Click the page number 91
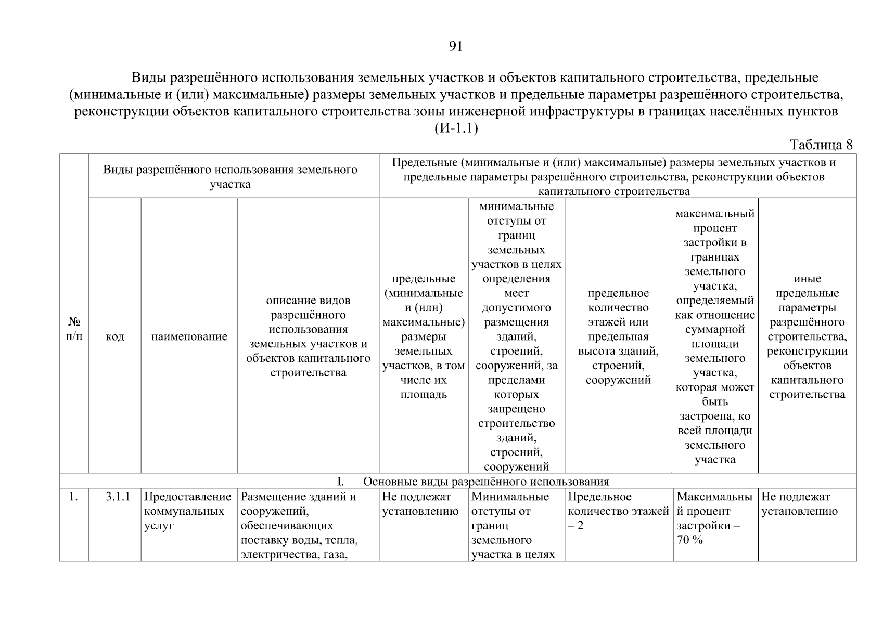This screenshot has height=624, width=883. (x=455, y=47)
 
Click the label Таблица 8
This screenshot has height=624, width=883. (x=821, y=145)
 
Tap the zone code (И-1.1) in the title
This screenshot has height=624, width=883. (x=456, y=128)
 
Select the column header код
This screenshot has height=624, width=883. (x=114, y=336)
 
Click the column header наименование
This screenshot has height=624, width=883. (x=189, y=336)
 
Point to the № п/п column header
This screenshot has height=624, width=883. (x=74, y=329)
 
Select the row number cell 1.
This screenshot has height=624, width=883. (x=73, y=497)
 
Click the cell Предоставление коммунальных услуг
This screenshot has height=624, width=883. (x=187, y=511)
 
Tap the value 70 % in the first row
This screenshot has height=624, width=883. (x=689, y=540)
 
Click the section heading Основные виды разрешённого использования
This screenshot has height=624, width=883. (x=485, y=481)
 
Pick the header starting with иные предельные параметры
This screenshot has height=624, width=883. (x=807, y=336)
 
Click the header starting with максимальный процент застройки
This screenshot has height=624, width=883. (x=715, y=336)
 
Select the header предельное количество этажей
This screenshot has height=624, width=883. (x=618, y=336)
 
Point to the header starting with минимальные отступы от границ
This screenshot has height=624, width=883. (x=516, y=336)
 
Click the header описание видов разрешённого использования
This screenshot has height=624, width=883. (x=308, y=336)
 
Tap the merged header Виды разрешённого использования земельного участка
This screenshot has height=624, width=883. (x=230, y=177)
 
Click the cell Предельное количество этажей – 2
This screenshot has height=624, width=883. (x=618, y=511)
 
